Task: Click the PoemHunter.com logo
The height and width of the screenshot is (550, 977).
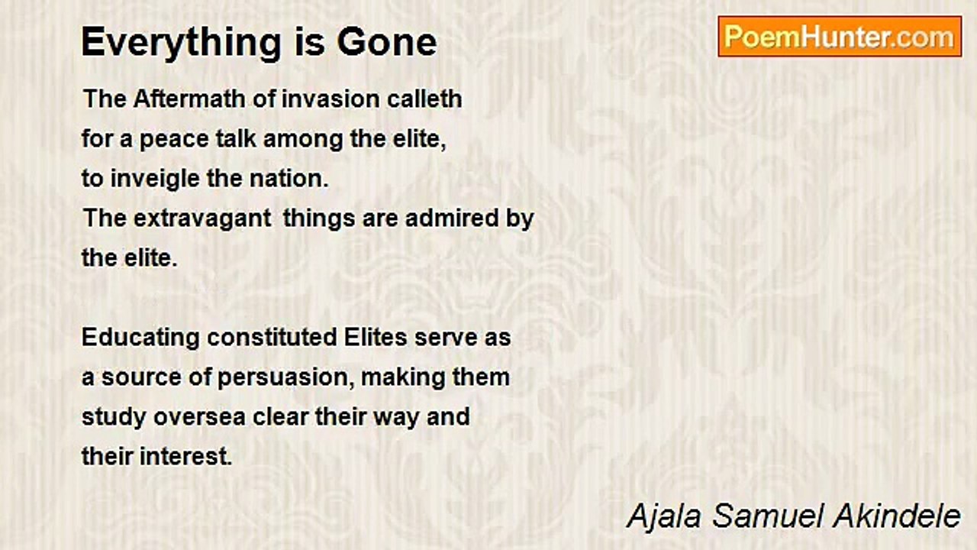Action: point(840,37)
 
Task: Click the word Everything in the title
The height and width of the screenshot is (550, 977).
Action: point(182,43)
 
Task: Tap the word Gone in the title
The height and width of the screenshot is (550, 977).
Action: point(386,42)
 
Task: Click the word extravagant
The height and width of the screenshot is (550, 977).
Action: point(202,218)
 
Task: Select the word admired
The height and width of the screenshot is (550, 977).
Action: point(451,218)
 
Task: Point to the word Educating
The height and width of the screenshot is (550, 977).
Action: point(140,338)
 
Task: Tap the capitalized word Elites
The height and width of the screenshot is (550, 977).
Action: point(376,338)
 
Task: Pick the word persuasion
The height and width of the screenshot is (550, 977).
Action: point(285,378)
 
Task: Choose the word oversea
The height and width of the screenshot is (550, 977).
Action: point(199,417)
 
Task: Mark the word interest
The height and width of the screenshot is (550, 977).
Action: point(185,457)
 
